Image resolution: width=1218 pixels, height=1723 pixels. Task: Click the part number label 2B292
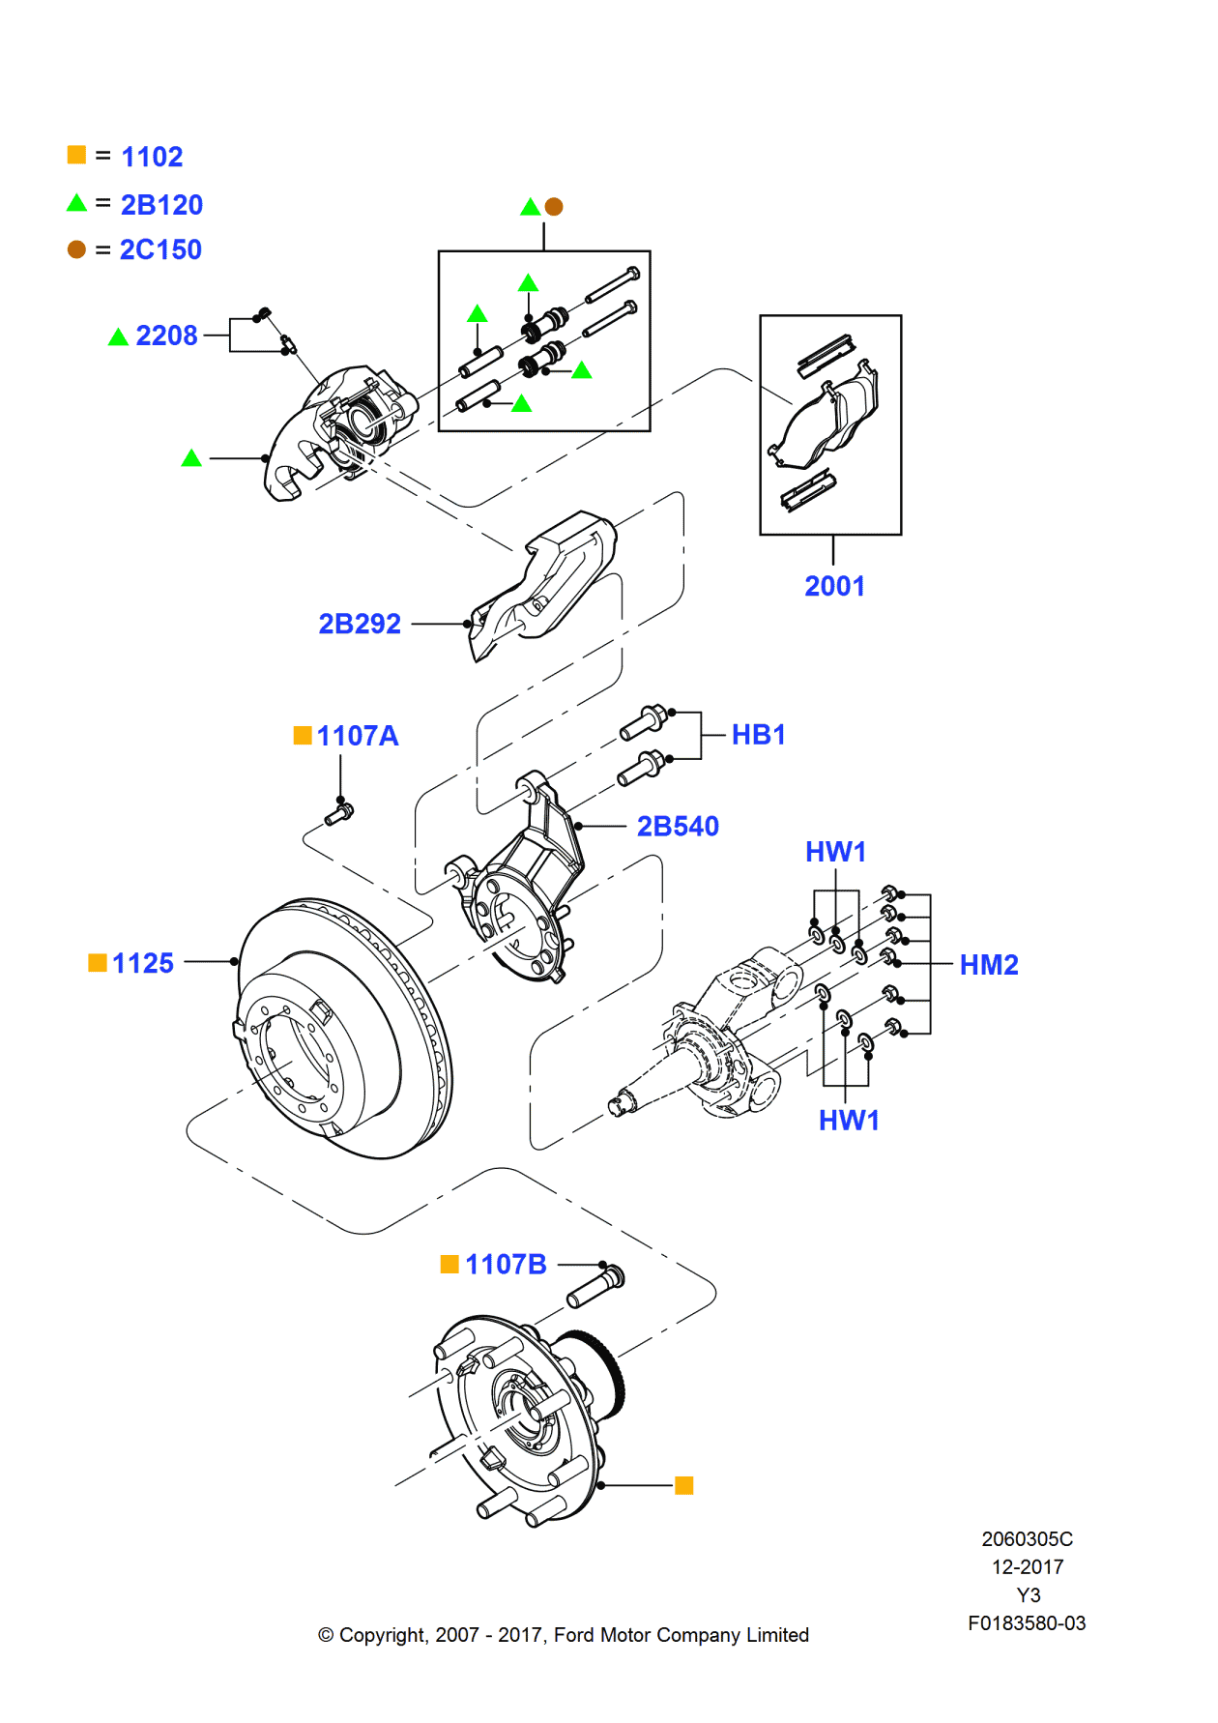[x=360, y=624]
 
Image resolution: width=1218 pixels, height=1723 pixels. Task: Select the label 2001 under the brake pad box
[x=834, y=586]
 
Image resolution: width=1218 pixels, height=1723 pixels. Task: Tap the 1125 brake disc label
[x=142, y=963]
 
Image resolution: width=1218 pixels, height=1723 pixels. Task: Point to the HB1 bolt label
[x=758, y=735]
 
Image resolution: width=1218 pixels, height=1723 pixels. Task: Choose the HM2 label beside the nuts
[x=988, y=965]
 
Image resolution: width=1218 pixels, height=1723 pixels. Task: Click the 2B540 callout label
[x=678, y=826]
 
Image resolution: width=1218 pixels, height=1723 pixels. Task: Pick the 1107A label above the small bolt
[x=357, y=736]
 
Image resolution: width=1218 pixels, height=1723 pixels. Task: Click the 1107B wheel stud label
[x=506, y=1265]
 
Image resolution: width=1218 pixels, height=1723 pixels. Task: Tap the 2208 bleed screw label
[x=166, y=336]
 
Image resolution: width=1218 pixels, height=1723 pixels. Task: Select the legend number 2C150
[x=160, y=249]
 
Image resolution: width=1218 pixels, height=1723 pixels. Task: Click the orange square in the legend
[x=76, y=155]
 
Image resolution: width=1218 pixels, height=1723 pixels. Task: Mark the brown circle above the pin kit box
[x=554, y=206]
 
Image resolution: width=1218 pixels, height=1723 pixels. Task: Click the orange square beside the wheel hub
[x=683, y=1485]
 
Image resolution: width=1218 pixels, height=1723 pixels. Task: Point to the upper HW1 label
[x=835, y=852]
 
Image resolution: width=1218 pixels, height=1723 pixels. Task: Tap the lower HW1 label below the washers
[x=849, y=1121]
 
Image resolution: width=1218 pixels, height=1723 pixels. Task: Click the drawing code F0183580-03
[x=1027, y=1623]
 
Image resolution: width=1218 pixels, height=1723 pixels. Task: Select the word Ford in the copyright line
[x=573, y=1635]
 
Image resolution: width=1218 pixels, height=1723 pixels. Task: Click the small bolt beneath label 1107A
[x=339, y=814]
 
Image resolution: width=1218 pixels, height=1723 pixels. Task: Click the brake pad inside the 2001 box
[x=829, y=423]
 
